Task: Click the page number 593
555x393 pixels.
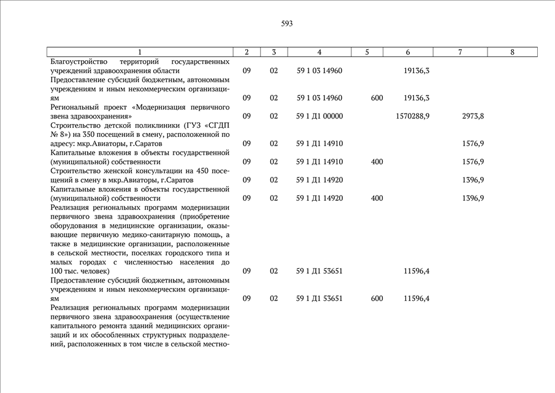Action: (287, 24)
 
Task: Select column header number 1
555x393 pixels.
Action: (140, 52)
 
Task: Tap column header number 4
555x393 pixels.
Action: (320, 52)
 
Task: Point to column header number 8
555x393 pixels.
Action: (512, 52)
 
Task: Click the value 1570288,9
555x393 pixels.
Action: (413, 116)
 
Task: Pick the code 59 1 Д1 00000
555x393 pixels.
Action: (320, 116)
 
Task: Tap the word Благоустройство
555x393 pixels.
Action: (78, 61)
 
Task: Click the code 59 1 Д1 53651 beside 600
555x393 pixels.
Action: (320, 298)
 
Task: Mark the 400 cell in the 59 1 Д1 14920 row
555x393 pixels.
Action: (377, 198)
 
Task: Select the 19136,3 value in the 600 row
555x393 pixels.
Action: (416, 98)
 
